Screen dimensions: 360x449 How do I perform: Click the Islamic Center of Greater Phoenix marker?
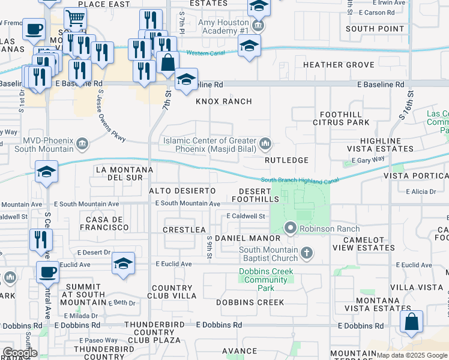(x=265, y=145)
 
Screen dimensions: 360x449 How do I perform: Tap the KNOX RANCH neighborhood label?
(x=223, y=101)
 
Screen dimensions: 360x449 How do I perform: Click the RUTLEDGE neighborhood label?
(x=286, y=160)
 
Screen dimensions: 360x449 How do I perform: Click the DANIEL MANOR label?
(x=240, y=238)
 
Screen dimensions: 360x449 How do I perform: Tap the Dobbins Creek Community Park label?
(x=267, y=280)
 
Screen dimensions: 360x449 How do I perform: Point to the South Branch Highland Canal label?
(x=300, y=180)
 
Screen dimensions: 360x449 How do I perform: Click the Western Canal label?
(x=206, y=53)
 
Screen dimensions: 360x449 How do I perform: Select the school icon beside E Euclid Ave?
(x=123, y=263)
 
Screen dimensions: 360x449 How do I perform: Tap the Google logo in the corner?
(x=19, y=353)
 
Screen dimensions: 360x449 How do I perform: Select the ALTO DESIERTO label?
(x=182, y=190)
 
